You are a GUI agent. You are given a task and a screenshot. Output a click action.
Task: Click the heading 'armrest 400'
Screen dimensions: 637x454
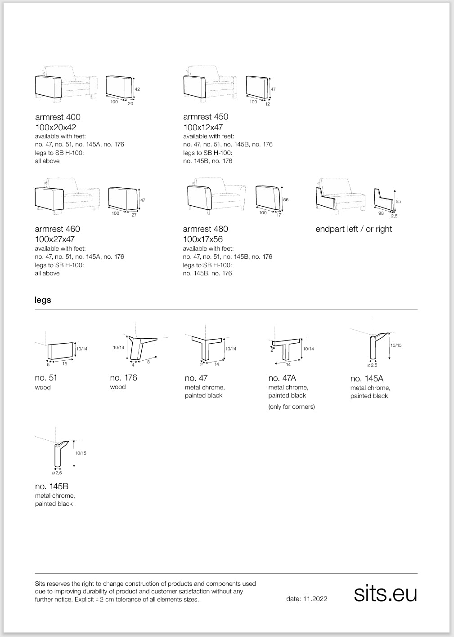(58, 117)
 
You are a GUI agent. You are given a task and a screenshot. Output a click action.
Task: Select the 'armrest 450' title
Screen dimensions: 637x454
(206, 117)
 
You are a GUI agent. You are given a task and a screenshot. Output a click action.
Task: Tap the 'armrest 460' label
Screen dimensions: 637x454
(58, 229)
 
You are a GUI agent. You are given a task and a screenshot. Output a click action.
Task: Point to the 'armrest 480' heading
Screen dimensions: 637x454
(206, 229)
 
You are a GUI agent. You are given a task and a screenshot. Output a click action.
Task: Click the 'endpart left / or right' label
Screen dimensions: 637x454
(354, 229)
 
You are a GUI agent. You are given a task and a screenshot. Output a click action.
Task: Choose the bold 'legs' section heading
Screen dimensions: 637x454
(43, 300)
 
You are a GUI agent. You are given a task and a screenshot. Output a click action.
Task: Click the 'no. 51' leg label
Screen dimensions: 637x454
(46, 378)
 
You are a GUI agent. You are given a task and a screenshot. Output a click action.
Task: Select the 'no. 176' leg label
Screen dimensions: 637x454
(123, 378)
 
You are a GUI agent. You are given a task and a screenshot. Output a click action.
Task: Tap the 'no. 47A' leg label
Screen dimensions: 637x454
(282, 378)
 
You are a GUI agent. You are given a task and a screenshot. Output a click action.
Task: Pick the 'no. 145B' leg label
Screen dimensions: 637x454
(51, 487)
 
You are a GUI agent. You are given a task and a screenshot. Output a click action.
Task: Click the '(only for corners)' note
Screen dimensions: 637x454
(292, 407)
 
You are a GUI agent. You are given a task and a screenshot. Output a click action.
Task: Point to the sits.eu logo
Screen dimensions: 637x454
(386, 593)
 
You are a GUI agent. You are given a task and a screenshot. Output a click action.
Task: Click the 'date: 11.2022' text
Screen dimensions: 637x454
(306, 599)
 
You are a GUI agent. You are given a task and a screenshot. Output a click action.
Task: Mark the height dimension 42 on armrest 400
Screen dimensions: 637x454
(137, 89)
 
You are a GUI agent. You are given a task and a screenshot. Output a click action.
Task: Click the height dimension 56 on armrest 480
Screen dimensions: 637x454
(286, 200)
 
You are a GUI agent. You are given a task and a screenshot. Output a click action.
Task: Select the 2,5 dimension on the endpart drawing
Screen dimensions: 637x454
(394, 216)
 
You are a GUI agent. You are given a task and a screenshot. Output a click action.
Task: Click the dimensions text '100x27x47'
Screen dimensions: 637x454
(55, 239)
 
